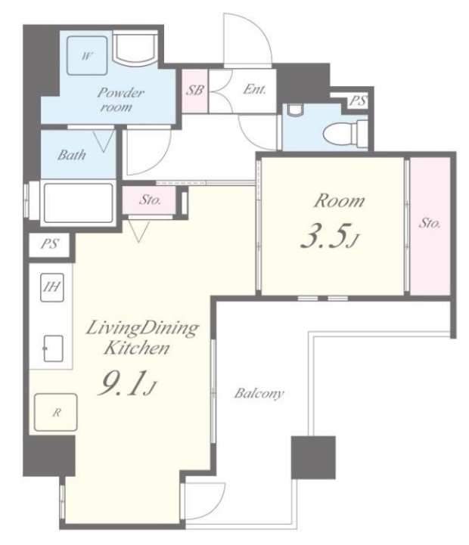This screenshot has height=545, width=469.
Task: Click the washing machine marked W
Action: tap(87, 55)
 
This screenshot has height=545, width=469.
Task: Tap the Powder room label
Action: tap(119, 100)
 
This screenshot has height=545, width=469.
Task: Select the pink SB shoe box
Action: tap(195, 91)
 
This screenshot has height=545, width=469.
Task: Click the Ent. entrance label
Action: tap(254, 89)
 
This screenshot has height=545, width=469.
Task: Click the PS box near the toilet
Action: tap(357, 101)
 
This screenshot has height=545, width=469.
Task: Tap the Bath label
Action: tap(71, 155)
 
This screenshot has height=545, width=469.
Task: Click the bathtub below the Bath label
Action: tap(78, 203)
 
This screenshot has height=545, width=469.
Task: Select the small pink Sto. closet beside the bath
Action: tap(149, 200)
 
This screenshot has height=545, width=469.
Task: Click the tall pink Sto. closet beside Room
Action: tap(430, 226)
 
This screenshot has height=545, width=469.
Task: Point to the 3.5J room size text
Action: tap(329, 237)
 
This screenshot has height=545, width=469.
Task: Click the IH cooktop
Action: tap(52, 287)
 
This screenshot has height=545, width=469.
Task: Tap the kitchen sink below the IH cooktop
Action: tap(53, 348)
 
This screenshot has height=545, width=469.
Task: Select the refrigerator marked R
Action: tap(56, 412)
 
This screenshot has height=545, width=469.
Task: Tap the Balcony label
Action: tap(259, 394)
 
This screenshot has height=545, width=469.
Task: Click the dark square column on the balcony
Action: tap(313, 457)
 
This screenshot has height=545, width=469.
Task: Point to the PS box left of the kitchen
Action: tap(50, 244)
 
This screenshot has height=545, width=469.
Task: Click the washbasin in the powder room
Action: tap(135, 48)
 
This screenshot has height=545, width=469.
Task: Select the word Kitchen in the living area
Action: tap(137, 348)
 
